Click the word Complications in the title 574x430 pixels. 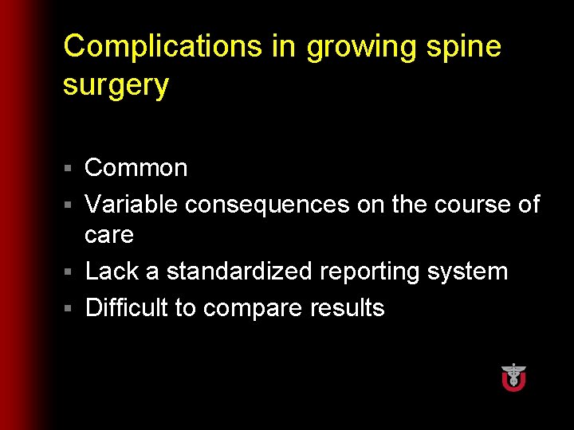(163, 46)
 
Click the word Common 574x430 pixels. (136, 168)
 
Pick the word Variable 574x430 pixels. (132, 205)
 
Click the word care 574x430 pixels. (109, 236)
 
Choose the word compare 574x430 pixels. (254, 309)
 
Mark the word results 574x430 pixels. (347, 307)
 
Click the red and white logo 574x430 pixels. (513, 377)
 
